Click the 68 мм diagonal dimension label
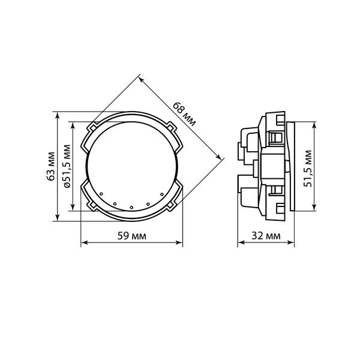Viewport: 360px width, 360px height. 184,114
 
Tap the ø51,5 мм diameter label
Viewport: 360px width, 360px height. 67,166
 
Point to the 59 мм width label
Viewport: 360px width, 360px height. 131,236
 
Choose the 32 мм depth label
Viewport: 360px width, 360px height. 266,236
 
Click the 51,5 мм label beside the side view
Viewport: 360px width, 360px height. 308,168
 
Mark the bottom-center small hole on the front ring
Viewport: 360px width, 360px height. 131,208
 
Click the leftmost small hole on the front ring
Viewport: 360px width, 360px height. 101,194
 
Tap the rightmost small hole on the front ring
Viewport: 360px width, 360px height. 162,194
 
